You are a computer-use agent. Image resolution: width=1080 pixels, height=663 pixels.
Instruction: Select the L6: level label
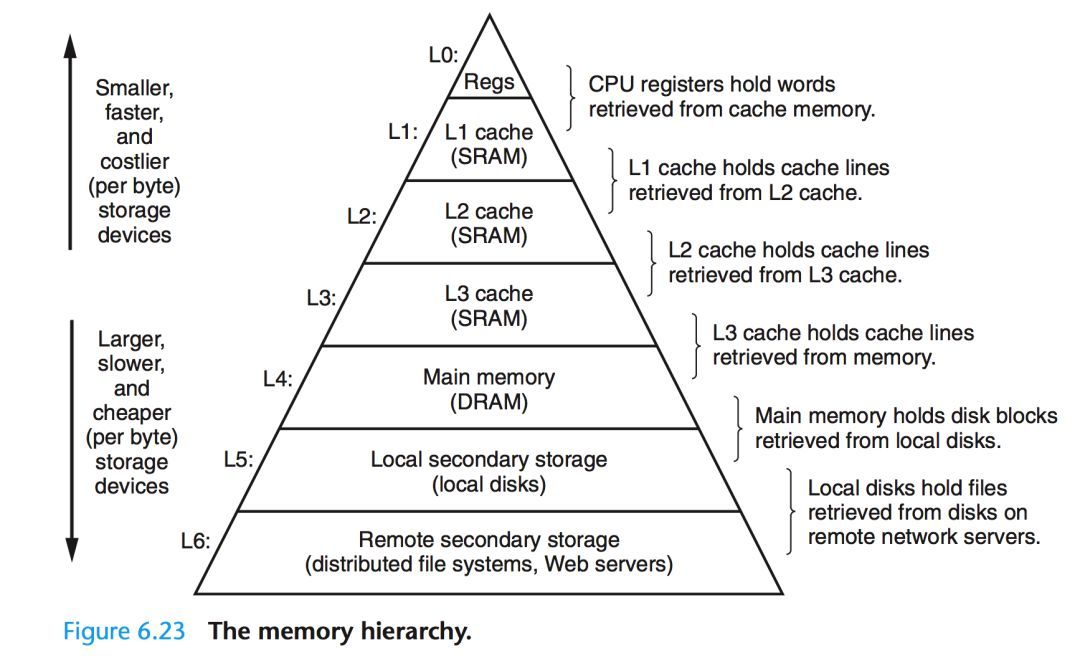pyautogui.click(x=196, y=541)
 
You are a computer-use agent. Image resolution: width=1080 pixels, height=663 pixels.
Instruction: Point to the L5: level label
pyautogui.click(x=238, y=460)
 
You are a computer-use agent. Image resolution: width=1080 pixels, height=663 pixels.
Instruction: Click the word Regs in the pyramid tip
pyautogui.click(x=489, y=82)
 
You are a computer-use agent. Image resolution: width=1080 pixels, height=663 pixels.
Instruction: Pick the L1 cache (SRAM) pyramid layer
pyautogui.click(x=489, y=144)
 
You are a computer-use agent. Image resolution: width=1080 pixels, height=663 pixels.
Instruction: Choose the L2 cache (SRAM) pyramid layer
pyautogui.click(x=489, y=224)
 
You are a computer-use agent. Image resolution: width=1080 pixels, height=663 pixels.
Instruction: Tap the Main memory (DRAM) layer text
pyautogui.click(x=489, y=389)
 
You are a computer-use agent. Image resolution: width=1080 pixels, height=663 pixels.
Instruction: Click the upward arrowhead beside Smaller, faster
pyautogui.click(x=71, y=45)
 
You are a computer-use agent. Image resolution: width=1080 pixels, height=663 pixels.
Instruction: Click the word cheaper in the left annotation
pyautogui.click(x=132, y=413)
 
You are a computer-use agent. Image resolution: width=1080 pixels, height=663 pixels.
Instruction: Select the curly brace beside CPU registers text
pyautogui.click(x=569, y=97)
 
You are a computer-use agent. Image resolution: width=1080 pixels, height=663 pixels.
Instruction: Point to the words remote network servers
pyautogui.click(x=924, y=536)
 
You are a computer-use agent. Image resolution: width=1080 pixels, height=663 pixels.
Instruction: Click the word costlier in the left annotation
pyautogui.click(x=134, y=161)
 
